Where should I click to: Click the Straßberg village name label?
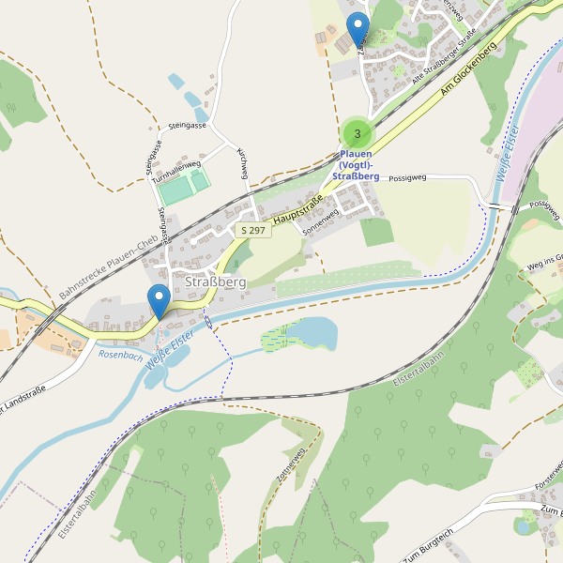(x=216, y=282)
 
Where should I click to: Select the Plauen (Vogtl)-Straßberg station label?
(x=357, y=164)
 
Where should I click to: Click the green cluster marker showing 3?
(x=357, y=133)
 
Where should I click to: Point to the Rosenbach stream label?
(x=120, y=356)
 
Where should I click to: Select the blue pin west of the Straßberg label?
(x=160, y=299)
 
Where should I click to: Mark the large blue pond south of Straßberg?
(x=314, y=332)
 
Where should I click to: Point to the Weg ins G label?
(x=543, y=260)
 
